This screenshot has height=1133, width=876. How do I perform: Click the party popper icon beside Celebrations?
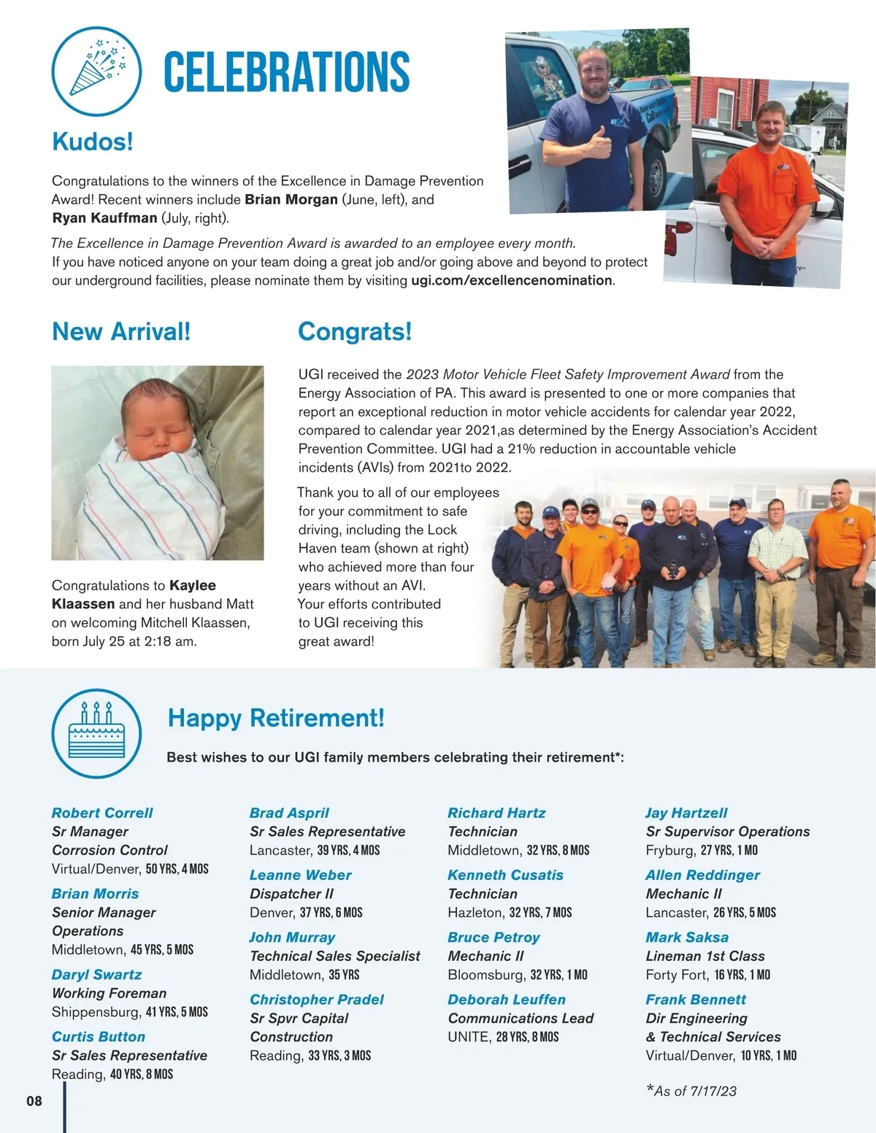point(96,71)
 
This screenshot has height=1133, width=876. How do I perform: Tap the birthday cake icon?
point(96,733)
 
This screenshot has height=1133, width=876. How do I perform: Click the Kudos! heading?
point(93,142)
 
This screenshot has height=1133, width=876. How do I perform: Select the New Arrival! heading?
point(121,332)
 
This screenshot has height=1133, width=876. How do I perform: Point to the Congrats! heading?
point(355,332)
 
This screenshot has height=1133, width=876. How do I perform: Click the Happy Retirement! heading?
point(276,718)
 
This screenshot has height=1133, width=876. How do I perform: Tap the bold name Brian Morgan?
point(291,200)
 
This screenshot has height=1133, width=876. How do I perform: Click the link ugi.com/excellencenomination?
point(511,281)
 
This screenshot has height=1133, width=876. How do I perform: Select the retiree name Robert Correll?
point(102,813)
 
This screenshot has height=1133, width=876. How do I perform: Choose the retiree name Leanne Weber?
point(300,875)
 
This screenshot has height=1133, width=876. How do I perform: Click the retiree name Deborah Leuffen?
point(507,999)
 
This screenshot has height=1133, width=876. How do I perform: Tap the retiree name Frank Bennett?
point(696,999)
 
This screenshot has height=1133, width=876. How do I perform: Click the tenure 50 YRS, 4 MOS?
point(177,869)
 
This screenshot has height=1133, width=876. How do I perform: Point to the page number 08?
point(34,1101)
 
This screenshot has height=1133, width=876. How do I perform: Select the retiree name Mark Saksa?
point(687,937)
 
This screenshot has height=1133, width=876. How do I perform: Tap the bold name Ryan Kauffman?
point(104,218)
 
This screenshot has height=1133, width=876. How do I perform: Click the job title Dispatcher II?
point(291,894)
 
